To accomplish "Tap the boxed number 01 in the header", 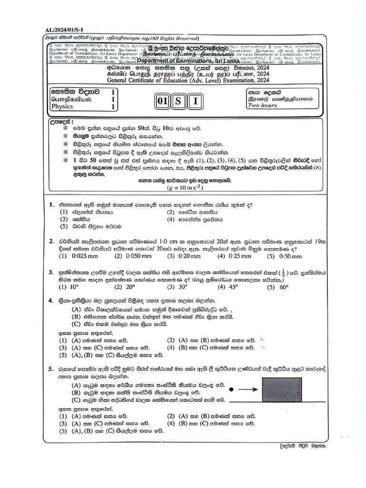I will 163,102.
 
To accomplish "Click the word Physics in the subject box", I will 62,107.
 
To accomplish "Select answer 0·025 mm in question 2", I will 78,256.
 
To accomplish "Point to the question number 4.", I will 51,301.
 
